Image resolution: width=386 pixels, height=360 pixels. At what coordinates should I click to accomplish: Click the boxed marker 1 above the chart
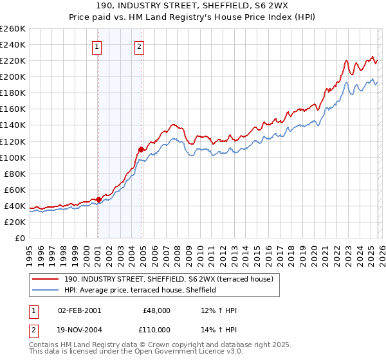point(96,46)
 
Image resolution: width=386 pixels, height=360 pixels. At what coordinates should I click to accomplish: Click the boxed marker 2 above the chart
point(140,46)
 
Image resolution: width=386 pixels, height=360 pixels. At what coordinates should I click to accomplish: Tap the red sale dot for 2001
point(98,199)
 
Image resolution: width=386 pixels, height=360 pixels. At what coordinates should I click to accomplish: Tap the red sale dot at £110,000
point(142,149)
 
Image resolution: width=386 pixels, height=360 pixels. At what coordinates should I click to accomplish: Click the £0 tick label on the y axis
point(20,238)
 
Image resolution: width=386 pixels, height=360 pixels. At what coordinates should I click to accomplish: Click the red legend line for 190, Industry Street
point(46,279)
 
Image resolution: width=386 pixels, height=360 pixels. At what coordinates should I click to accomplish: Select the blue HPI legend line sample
point(46,290)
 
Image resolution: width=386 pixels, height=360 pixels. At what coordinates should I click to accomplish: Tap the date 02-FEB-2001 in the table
point(78,310)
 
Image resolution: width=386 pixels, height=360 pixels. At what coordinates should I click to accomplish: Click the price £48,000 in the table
point(156,310)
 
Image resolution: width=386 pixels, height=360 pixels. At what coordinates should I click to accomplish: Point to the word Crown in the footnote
point(160,346)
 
